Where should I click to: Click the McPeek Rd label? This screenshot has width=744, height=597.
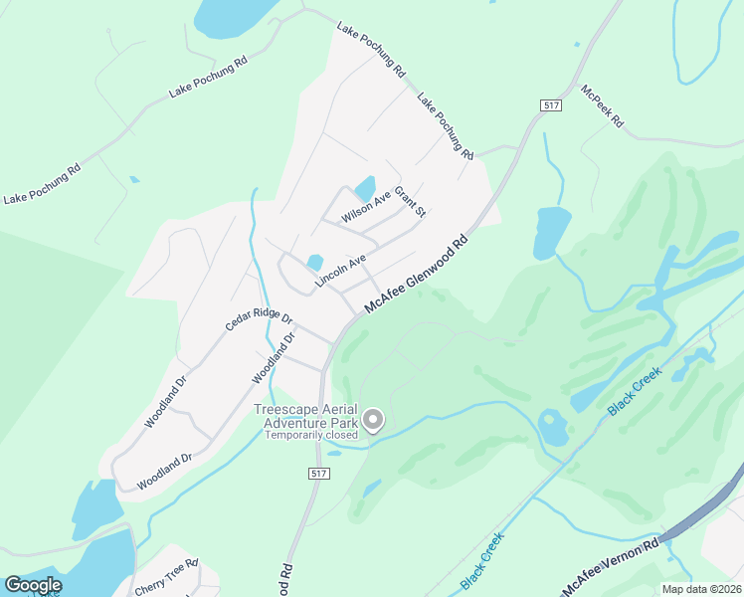click(x=602, y=104)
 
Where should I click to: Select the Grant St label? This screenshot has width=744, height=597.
click(x=410, y=202)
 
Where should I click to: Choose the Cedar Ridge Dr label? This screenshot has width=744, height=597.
click(x=258, y=320)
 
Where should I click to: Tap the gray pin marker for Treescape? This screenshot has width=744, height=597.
click(x=373, y=421)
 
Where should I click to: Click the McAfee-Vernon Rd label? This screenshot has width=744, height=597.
click(x=610, y=568)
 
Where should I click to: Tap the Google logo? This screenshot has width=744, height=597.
click(x=33, y=585)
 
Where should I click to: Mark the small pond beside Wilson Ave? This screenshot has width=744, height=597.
click(x=365, y=187)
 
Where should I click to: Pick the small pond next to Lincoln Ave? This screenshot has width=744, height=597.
click(x=315, y=263)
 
